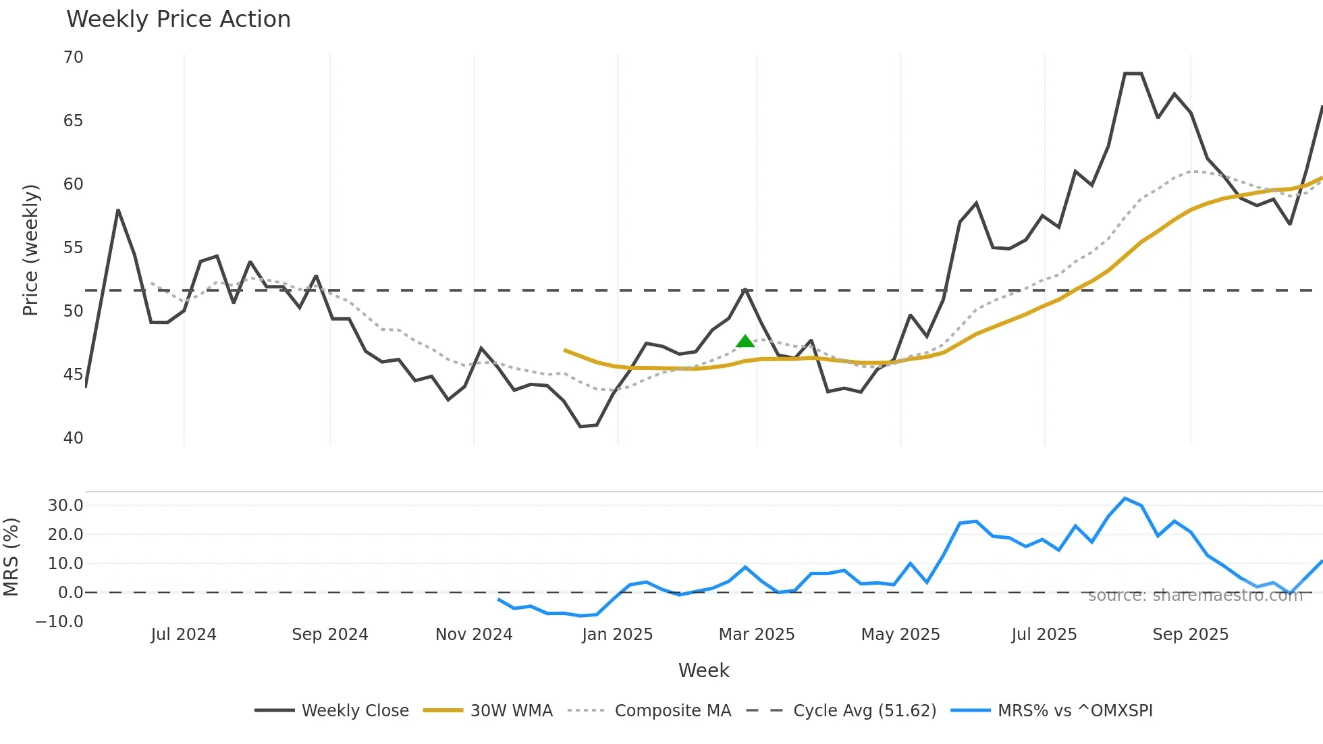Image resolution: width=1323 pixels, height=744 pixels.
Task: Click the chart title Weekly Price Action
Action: (178, 20)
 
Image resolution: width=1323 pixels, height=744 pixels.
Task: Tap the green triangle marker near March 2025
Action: (745, 342)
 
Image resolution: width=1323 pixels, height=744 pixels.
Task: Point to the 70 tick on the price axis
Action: (74, 57)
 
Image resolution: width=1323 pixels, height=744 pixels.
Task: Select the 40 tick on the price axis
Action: (74, 438)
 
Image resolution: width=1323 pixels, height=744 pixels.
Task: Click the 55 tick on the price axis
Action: (74, 248)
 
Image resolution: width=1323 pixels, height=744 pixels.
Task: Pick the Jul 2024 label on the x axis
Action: (184, 635)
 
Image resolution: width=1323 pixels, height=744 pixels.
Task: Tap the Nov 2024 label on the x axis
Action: (474, 635)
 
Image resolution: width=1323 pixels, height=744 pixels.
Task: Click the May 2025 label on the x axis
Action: (900, 635)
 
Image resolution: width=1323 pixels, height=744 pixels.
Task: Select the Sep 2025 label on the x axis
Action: (1190, 635)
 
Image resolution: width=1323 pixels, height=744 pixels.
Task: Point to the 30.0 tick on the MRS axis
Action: (65, 506)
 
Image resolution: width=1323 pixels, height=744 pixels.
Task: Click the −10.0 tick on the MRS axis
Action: (59, 622)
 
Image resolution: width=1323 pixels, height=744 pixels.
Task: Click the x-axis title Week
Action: (703, 670)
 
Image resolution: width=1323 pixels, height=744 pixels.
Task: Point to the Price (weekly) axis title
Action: (30, 250)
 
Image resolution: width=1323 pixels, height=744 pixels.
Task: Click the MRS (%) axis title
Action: (11, 557)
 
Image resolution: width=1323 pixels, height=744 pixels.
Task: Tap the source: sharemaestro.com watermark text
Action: (1195, 595)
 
